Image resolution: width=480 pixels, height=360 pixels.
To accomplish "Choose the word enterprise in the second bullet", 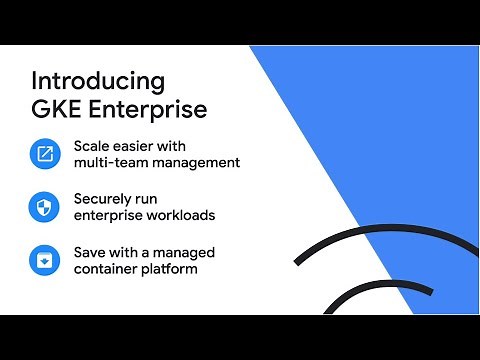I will [x=108, y=216].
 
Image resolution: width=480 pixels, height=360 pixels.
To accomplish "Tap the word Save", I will [x=90, y=251].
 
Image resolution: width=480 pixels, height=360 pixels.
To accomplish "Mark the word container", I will [x=107, y=268].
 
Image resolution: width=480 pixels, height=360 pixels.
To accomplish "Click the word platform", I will [x=171, y=268].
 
